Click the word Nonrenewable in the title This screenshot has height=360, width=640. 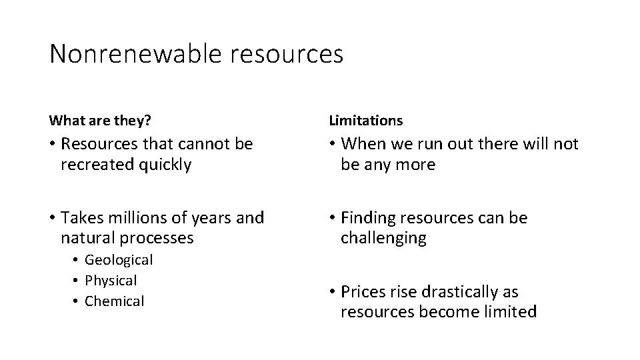click(133, 54)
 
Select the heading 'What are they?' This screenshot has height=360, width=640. click(100, 120)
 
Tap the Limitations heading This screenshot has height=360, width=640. click(366, 120)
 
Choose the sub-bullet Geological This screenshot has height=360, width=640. click(119, 260)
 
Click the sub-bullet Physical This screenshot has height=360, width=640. click(111, 281)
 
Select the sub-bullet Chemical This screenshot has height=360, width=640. click(114, 301)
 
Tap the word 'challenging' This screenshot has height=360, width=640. click(383, 238)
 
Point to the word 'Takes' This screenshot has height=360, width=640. click(81, 217)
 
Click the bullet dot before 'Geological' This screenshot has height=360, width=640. click(77, 260)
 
